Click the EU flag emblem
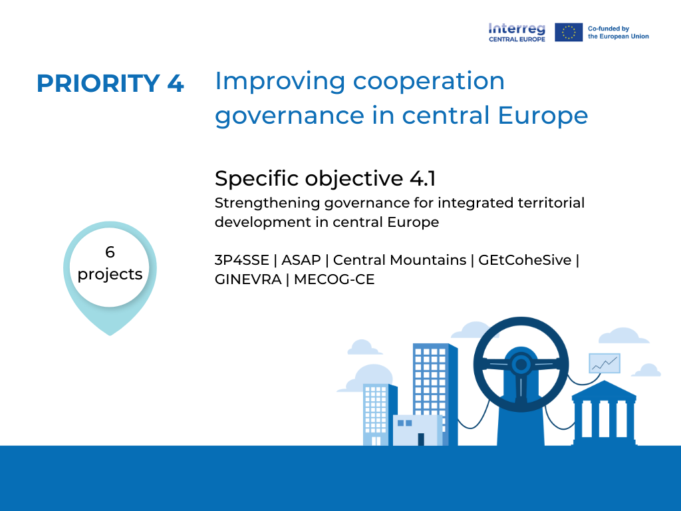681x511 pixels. point(569,32)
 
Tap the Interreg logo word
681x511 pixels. point(517,29)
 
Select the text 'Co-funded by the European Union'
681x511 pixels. point(618,33)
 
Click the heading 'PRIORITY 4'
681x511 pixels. point(110,83)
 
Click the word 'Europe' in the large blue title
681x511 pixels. point(543,115)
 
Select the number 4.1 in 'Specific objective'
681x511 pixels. point(422,178)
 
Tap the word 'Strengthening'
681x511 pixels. point(267,203)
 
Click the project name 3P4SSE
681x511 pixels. point(242,260)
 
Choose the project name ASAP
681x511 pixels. point(301,260)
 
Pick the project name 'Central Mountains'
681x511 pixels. point(400,260)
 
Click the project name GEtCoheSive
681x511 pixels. point(525,260)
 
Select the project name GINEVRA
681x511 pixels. point(248,279)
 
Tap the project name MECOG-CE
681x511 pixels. point(334,279)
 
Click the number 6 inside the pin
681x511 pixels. point(110,252)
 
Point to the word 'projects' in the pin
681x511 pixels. point(110,274)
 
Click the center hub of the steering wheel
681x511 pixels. point(521,364)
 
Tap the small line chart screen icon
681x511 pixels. point(604,363)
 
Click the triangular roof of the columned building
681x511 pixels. point(604,389)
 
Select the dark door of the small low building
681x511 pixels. point(421,439)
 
